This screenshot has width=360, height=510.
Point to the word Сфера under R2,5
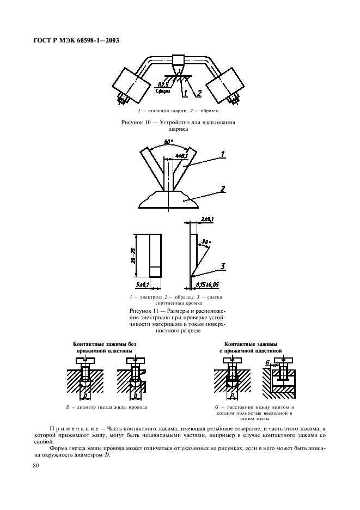click(x=162, y=92)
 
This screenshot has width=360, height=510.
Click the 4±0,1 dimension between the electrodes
click(x=181, y=156)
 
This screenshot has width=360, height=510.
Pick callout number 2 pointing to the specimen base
click(x=223, y=189)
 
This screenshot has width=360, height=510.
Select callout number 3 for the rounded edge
click(x=223, y=266)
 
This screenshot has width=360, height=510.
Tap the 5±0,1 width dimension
click(x=142, y=284)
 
